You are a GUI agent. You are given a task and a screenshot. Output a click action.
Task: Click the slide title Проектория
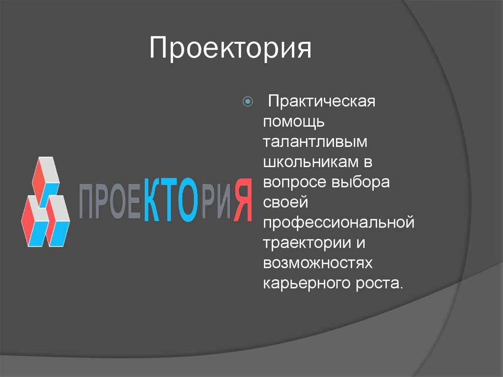pos(230,49)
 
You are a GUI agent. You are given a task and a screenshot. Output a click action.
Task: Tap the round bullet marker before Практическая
pos(248,103)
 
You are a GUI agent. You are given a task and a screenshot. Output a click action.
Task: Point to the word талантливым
pos(315,142)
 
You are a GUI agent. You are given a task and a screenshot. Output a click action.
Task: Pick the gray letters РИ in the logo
pos(216,203)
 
